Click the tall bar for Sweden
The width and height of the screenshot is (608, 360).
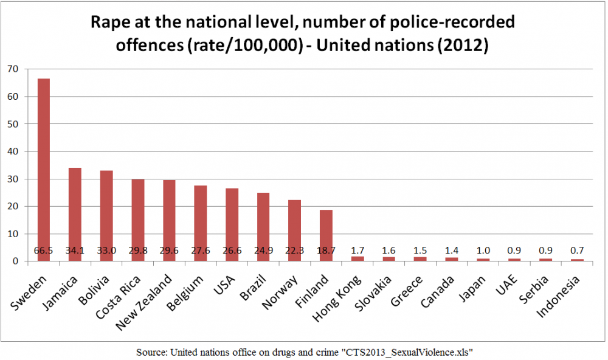click(x=44, y=170)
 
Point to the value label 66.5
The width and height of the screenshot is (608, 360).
click(x=44, y=251)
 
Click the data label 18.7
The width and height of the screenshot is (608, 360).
click(x=326, y=251)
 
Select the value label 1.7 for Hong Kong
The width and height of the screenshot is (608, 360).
click(x=358, y=251)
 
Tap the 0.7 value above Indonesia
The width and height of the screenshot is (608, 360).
click(x=578, y=251)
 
